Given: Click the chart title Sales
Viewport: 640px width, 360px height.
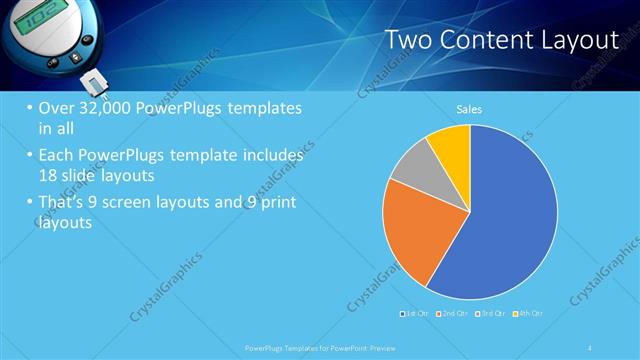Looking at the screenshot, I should [x=469, y=108].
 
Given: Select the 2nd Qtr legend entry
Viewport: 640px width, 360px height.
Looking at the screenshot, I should [x=452, y=313].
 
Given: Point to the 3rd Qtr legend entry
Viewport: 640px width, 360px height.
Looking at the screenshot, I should [x=490, y=313].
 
